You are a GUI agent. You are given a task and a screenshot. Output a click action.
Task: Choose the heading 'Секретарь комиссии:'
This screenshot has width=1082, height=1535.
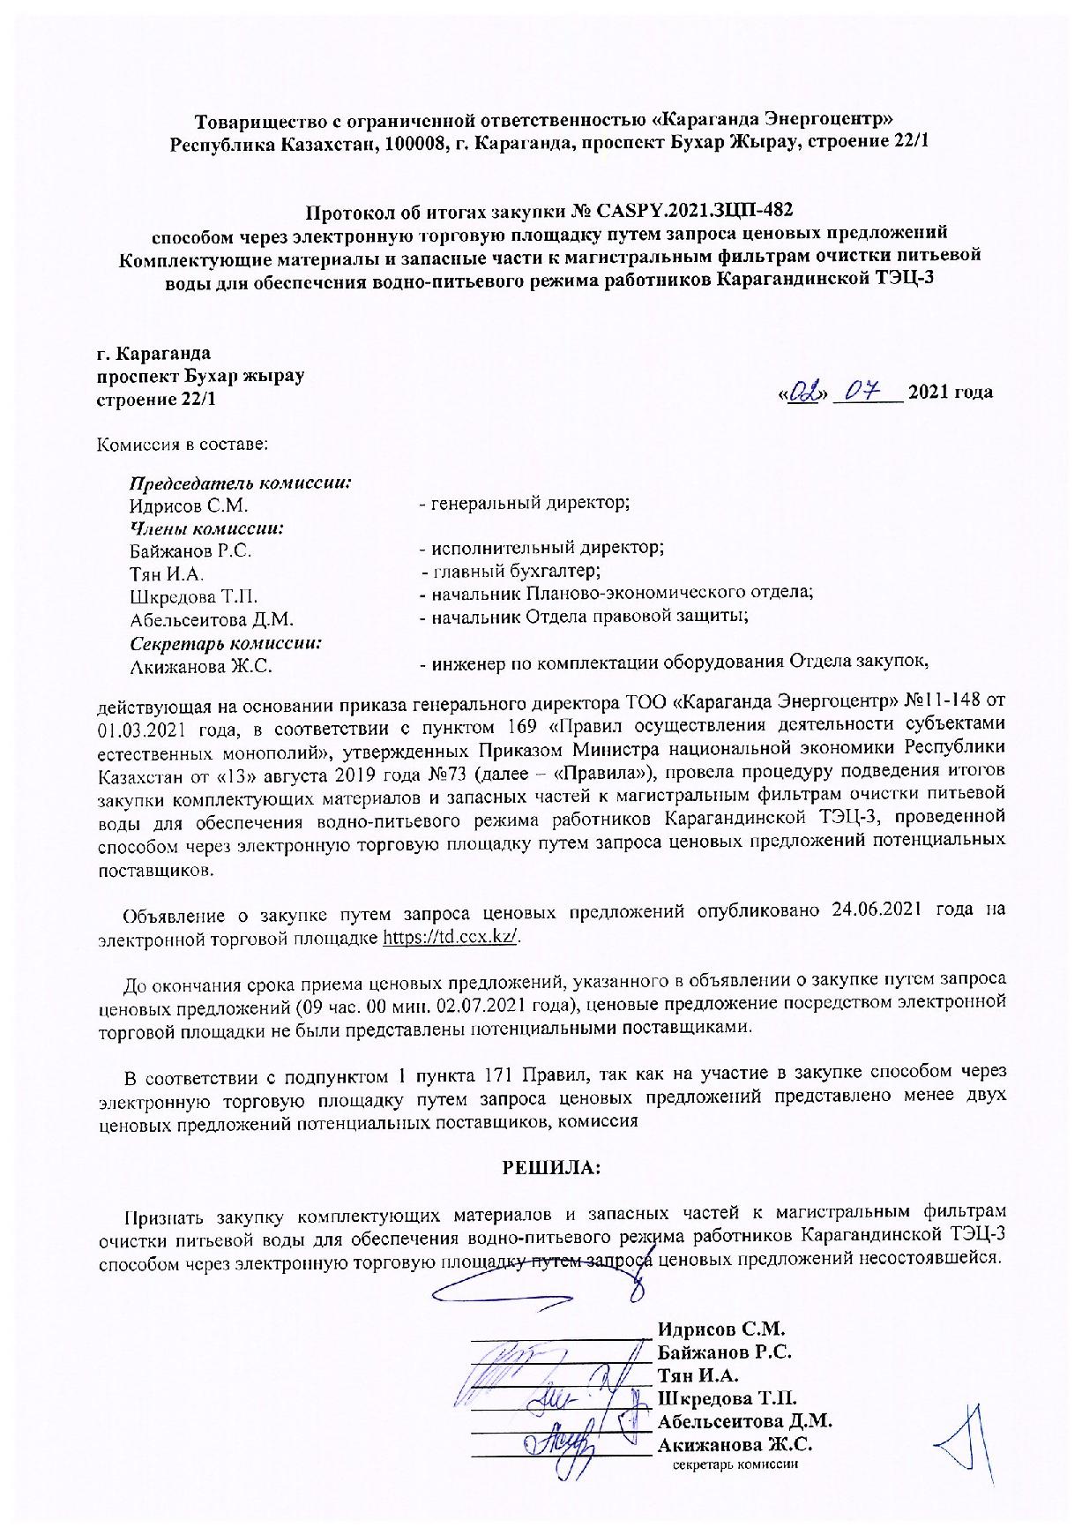[225, 644]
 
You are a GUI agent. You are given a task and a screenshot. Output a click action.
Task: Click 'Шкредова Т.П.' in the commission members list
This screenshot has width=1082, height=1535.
[193, 596]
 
